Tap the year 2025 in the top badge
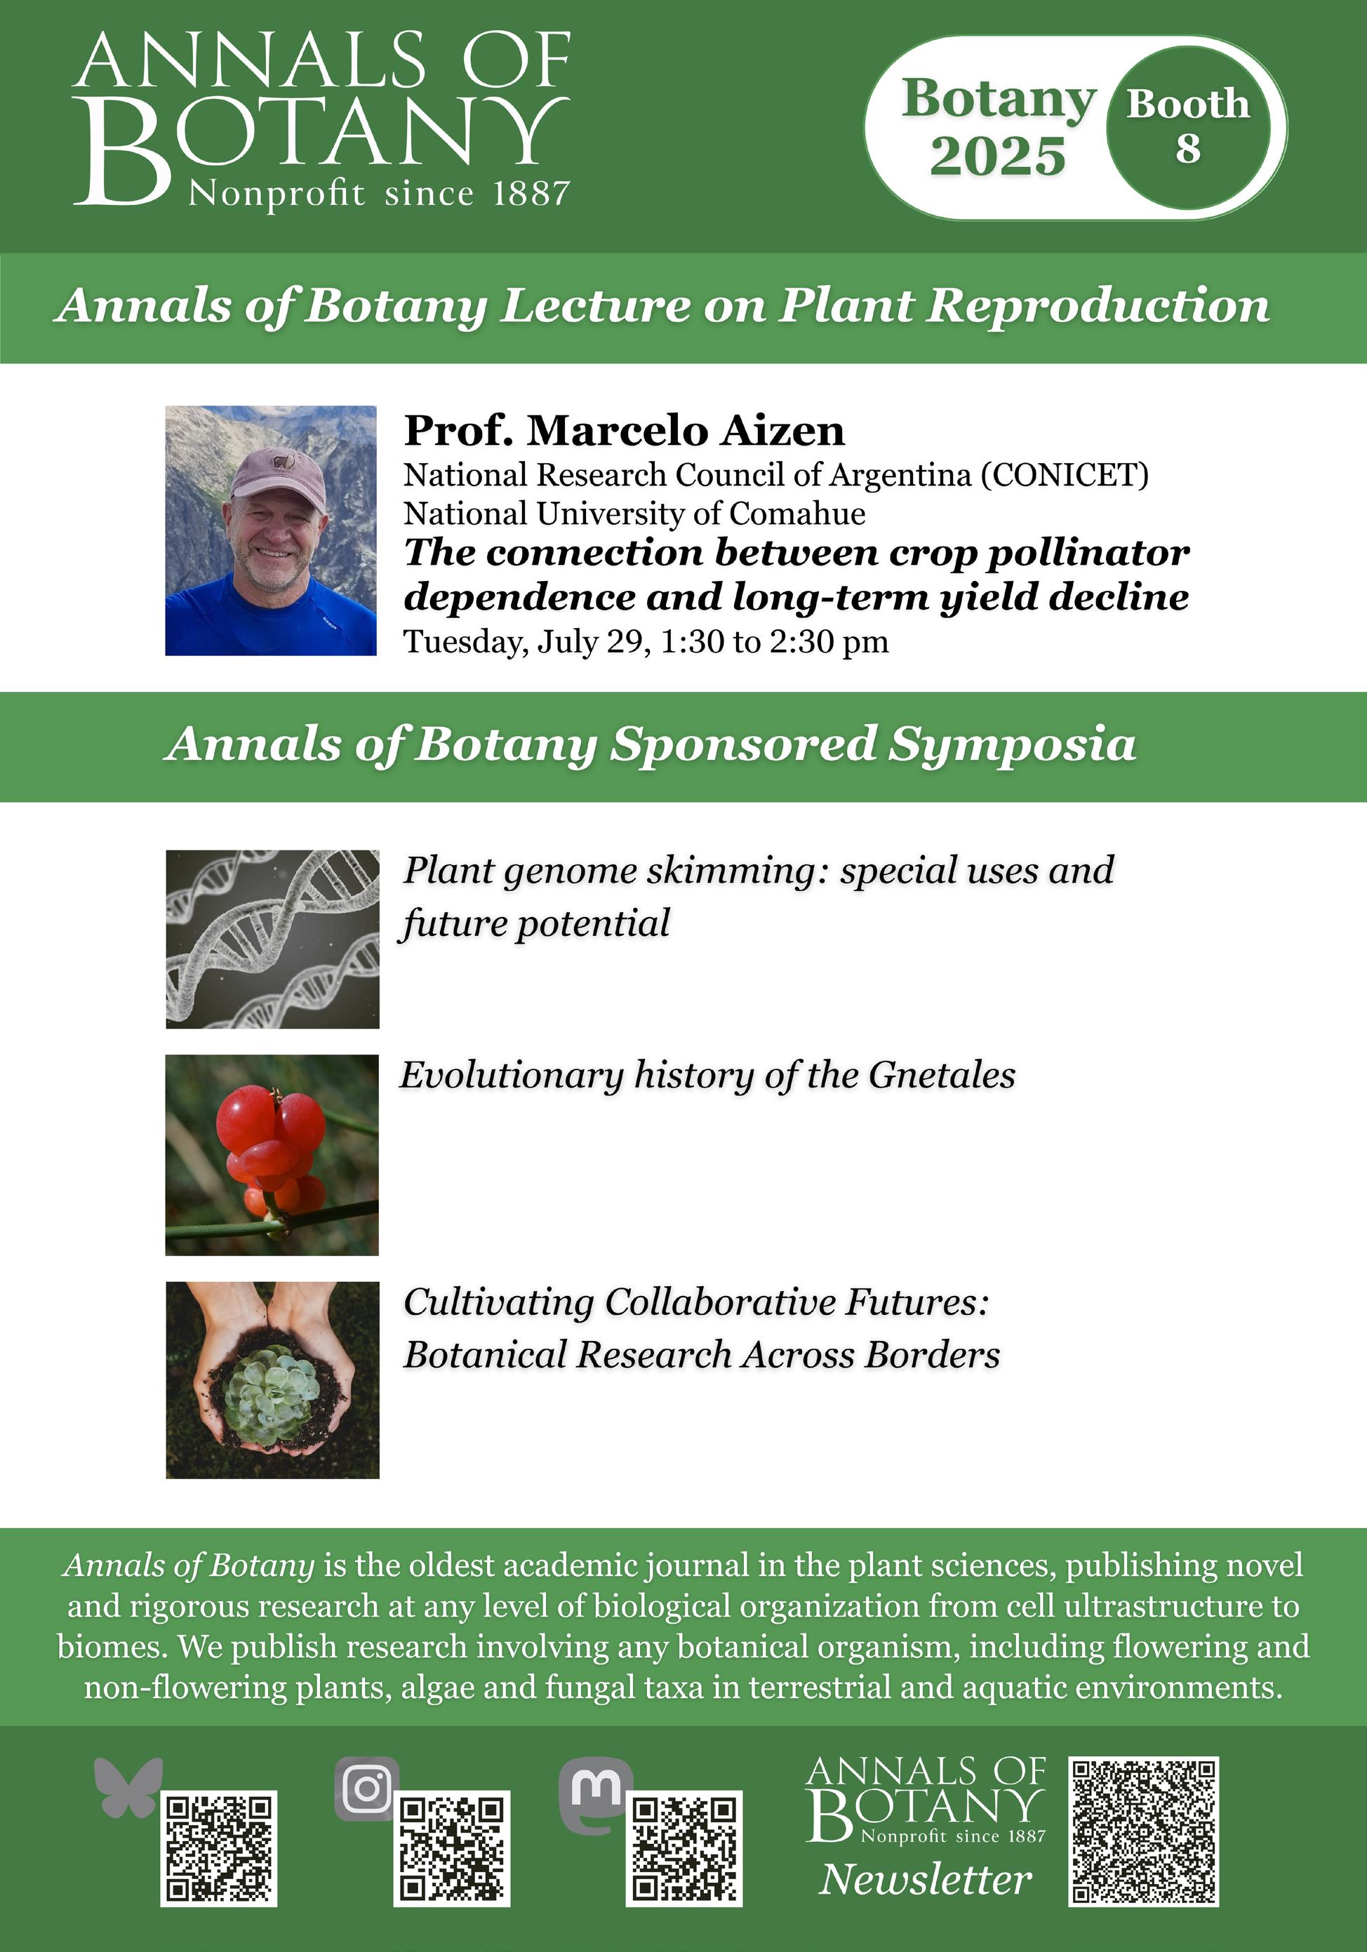997,156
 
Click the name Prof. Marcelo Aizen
624,430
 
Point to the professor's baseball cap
278,476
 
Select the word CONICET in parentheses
1065,475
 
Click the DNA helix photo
272,939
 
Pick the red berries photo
272,1154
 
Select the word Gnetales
942,1076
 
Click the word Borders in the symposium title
932,1355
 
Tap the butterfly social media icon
128,1788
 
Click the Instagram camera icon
366,1789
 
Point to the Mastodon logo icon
595,1792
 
